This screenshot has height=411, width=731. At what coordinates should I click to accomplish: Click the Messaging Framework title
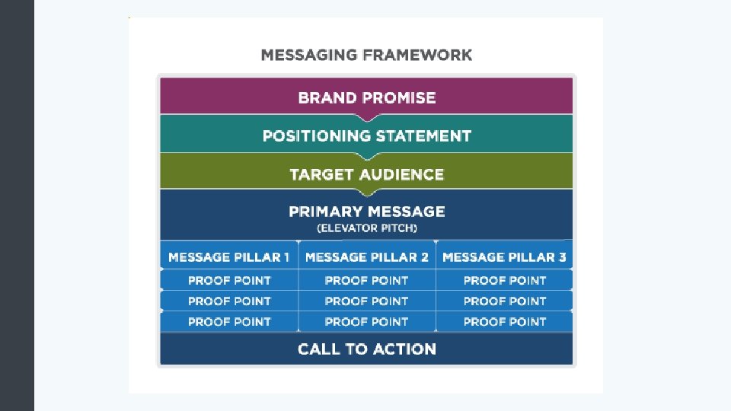point(366,55)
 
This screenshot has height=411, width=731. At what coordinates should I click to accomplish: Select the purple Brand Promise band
point(366,97)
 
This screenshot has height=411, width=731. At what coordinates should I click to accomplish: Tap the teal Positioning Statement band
point(366,136)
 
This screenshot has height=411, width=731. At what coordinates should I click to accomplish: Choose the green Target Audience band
point(366,174)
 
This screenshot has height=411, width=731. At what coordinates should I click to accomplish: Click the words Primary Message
point(366,212)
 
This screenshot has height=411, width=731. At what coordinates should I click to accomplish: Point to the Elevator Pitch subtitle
point(366,228)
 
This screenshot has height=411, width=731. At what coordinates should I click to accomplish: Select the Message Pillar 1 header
point(229,257)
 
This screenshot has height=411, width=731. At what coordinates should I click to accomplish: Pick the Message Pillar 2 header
point(366,257)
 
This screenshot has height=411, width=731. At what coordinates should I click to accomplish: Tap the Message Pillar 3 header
point(504,257)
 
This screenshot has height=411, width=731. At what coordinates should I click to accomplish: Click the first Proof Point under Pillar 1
point(229,280)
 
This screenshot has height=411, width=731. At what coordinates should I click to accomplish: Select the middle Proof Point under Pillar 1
point(229,301)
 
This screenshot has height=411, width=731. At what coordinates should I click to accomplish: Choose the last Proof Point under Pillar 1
point(229,321)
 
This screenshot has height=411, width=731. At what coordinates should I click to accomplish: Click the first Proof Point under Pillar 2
point(366,280)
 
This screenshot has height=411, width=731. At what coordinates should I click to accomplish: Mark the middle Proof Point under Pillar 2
point(366,301)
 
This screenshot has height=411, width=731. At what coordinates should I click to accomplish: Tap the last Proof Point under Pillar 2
point(366,321)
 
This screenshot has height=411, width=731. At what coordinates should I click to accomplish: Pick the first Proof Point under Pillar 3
point(504,280)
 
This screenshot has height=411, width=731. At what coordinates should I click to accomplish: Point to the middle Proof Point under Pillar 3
point(504,301)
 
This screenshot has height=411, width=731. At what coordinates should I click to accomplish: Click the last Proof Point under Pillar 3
point(504,321)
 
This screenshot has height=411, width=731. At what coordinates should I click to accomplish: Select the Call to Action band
point(366,349)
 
